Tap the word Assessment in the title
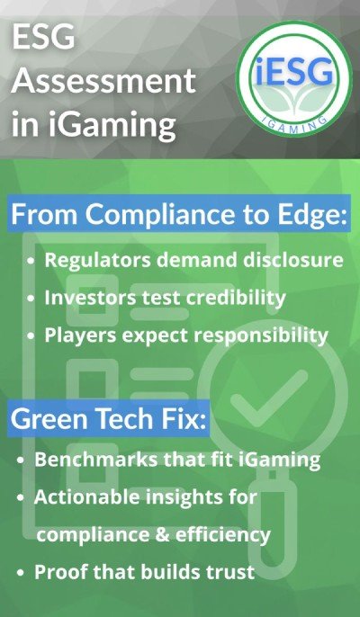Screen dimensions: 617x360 (104, 83)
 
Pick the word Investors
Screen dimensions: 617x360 (92, 297)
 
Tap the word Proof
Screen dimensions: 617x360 (58, 572)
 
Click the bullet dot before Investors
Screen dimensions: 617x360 (32, 298)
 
